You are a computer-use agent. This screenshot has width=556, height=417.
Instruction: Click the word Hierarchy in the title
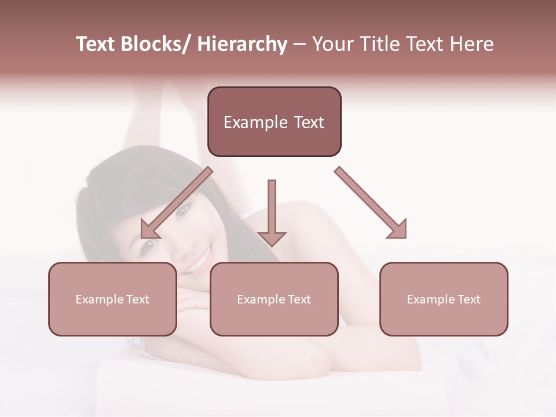(x=242, y=45)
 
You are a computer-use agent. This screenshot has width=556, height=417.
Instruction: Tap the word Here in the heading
(x=471, y=45)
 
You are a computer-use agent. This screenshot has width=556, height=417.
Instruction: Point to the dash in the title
(x=299, y=45)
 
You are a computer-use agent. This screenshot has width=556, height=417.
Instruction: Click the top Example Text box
(x=274, y=122)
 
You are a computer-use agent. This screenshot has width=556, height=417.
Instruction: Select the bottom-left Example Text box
(x=112, y=299)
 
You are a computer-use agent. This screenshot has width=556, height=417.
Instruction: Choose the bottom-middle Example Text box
(x=274, y=299)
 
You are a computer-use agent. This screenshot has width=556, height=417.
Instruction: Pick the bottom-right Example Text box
(x=444, y=299)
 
